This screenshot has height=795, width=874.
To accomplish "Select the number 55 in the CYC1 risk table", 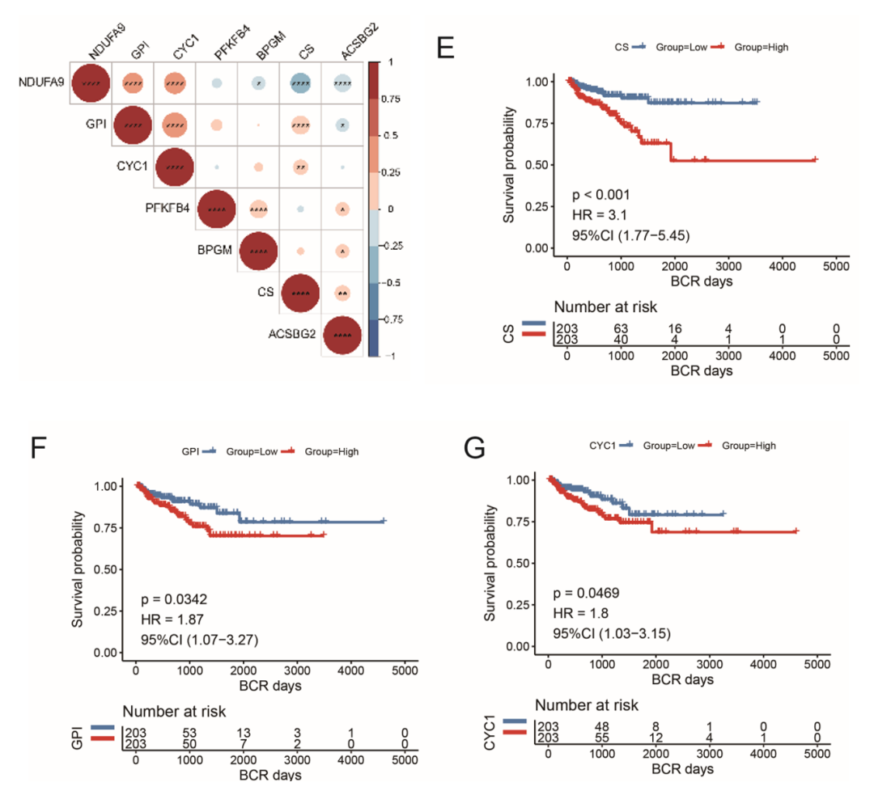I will (x=601, y=738).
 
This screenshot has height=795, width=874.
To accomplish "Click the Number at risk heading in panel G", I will (x=587, y=704).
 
